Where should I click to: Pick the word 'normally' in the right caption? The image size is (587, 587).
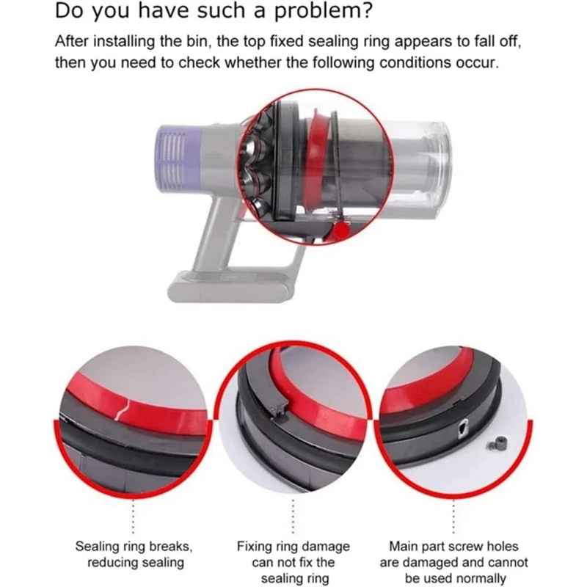click(479, 579)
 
